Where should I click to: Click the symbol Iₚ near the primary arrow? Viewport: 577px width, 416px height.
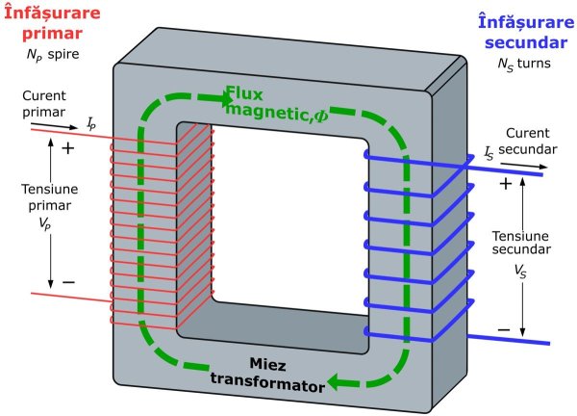pyautogui.click(x=90, y=124)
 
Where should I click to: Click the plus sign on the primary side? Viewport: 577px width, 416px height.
pyautogui.click(x=67, y=149)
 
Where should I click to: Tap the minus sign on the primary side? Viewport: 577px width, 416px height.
pyautogui.click(x=67, y=281)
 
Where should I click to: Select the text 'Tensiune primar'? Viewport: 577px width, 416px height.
pyautogui.click(x=45, y=196)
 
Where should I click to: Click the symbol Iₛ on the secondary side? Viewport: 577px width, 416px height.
pyautogui.click(x=489, y=153)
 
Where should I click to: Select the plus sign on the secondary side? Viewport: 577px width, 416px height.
pyautogui.click(x=505, y=183)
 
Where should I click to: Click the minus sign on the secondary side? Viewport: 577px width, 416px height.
pyautogui.click(x=504, y=329)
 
